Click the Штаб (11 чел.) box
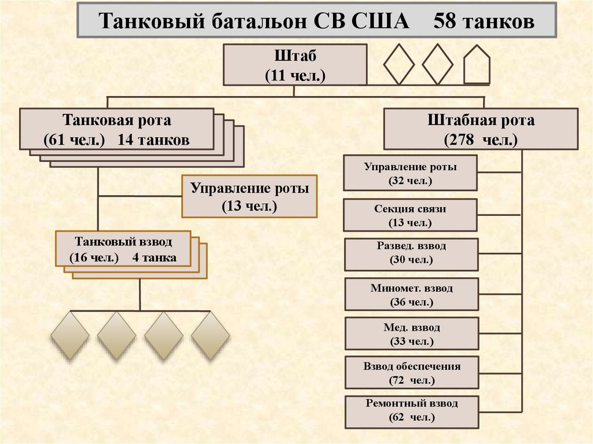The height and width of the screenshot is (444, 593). click(295, 65)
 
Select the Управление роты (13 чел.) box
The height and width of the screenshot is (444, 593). click(250, 196)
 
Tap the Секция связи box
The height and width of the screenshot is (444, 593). click(410, 215)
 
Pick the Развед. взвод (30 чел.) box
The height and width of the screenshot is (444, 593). click(411, 254)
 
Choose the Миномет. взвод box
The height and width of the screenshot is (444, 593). click(411, 294)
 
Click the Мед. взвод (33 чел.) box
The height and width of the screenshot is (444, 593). click(411, 333)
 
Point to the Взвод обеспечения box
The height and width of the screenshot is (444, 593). click(411, 373)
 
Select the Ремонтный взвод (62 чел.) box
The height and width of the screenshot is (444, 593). click(411, 410)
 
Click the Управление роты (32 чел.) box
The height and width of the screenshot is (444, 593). click(410, 173)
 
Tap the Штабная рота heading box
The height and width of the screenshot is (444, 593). click(481, 129)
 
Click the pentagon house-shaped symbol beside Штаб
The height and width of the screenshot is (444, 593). click(477, 64)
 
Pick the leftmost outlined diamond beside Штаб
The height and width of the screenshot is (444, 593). click(400, 64)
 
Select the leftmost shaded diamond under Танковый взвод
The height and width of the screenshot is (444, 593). click(70, 335)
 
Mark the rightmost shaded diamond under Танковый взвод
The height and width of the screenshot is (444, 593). click(210, 335)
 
